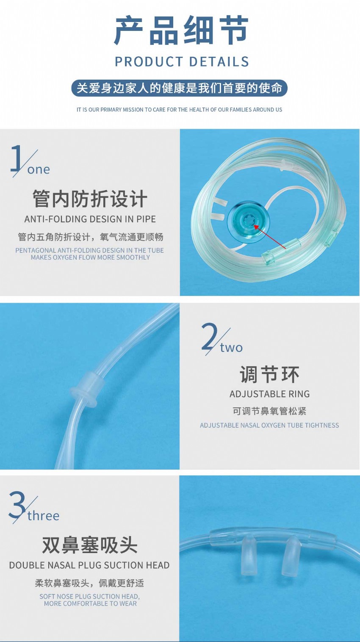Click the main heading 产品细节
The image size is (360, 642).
click(181, 30)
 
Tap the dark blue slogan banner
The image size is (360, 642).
click(180, 88)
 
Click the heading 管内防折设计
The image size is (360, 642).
click(90, 198)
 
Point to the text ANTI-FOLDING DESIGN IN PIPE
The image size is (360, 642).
click(90, 219)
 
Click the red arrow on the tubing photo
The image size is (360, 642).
click(270, 237)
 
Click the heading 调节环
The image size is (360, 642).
click(269, 374)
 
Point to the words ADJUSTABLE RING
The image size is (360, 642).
click(270, 394)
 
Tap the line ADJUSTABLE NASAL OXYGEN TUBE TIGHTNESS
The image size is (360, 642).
click(269, 425)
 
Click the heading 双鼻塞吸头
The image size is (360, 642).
click(90, 545)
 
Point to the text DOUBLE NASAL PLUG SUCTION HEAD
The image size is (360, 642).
click(89, 565)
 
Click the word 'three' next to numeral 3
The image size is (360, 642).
click(44, 515)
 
